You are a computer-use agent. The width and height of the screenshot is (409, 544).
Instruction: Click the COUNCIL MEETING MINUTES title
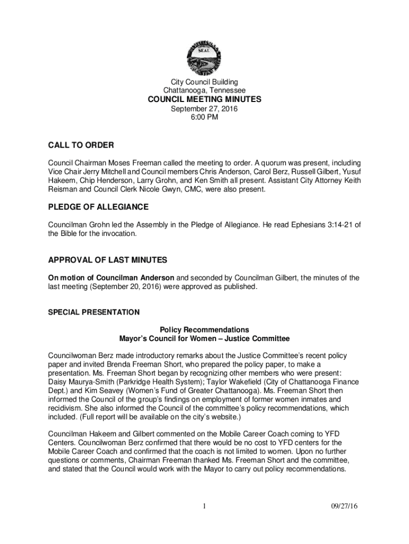[204, 99]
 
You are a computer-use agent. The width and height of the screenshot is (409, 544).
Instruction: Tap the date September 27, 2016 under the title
[204, 109]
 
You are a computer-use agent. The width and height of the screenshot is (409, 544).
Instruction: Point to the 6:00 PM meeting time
[204, 117]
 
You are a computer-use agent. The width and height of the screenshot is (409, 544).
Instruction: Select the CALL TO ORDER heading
[81, 146]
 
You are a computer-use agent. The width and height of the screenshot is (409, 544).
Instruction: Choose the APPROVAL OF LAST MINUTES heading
[108, 260]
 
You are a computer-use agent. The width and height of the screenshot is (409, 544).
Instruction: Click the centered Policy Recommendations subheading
[204, 329]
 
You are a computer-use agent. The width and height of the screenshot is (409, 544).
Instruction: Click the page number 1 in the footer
[204, 506]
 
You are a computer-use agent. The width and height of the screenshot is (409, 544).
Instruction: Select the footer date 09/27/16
[344, 506]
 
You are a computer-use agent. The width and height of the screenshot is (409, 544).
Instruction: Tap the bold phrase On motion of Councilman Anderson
[111, 278]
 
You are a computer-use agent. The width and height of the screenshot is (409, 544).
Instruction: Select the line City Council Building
[204, 82]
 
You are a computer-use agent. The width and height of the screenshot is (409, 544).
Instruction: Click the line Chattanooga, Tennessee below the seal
[204, 90]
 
